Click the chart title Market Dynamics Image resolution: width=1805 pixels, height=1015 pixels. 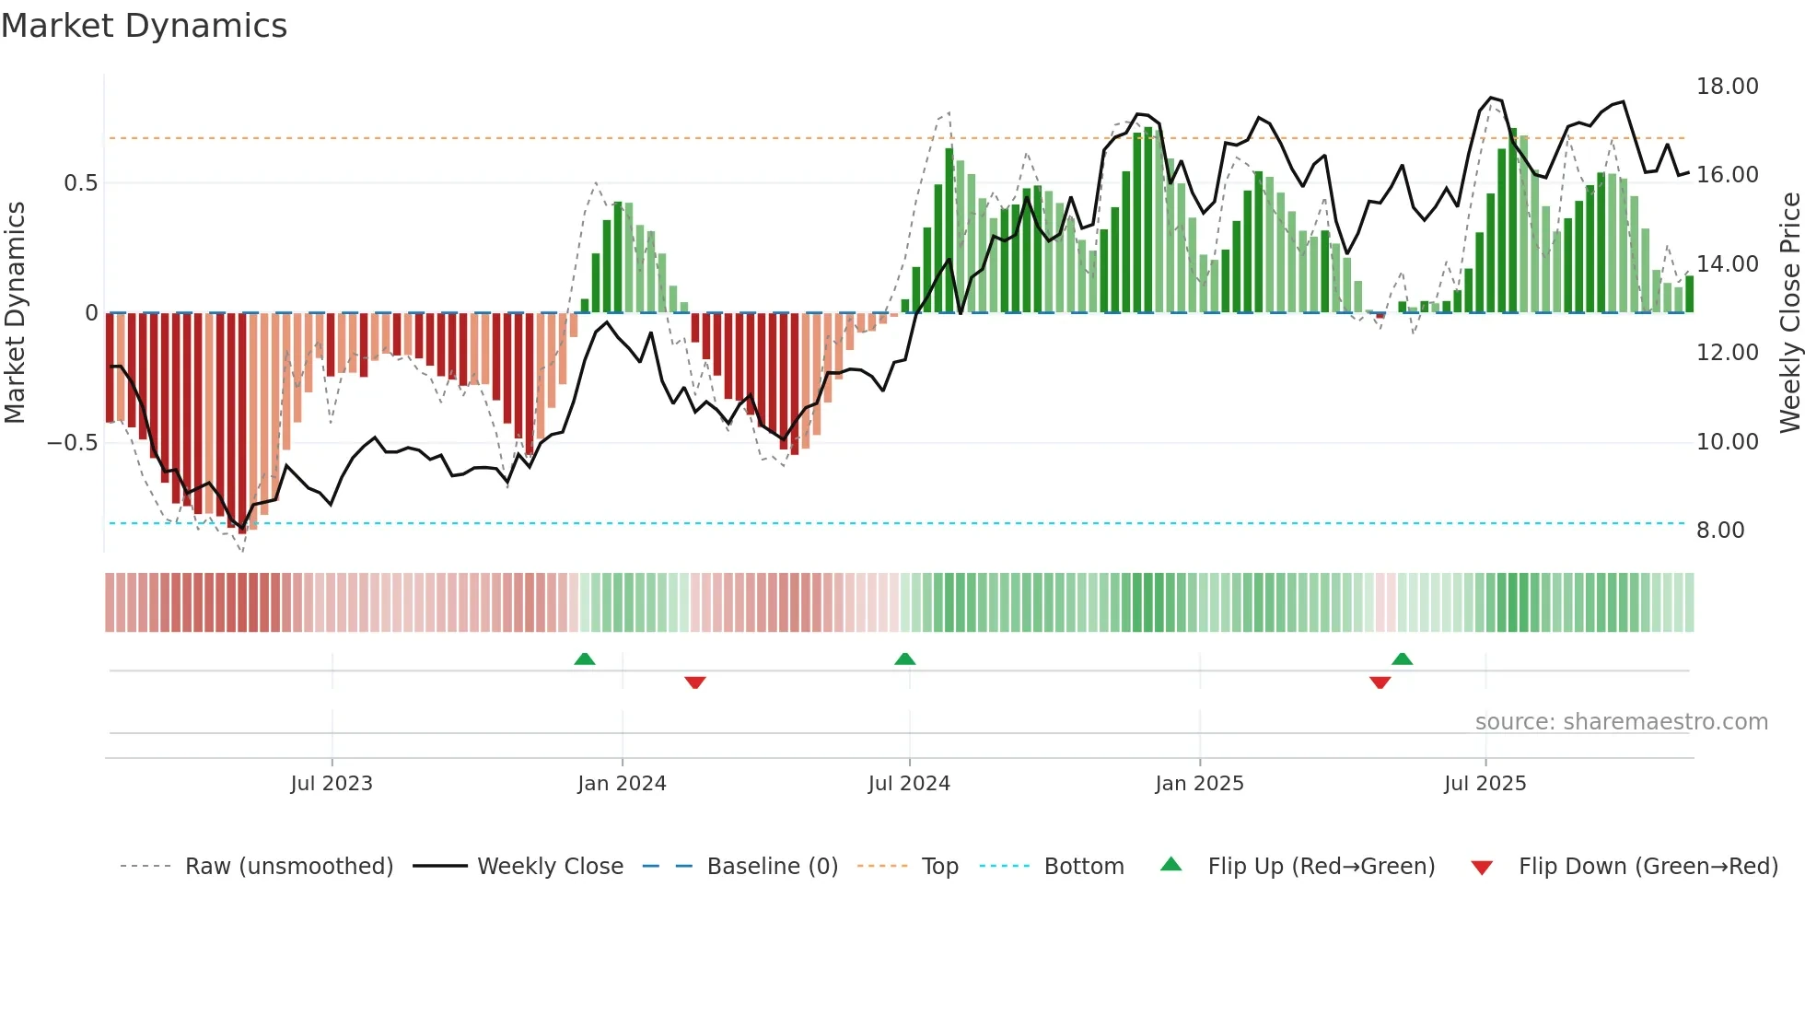click(x=144, y=26)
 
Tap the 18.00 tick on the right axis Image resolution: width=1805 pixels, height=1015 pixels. click(x=1727, y=87)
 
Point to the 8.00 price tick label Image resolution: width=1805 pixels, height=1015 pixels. click(x=1719, y=531)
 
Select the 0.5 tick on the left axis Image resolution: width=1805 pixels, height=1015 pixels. click(x=80, y=183)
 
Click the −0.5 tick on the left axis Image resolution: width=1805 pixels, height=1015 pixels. click(x=72, y=443)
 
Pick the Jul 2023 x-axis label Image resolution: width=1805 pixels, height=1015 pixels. click(x=332, y=784)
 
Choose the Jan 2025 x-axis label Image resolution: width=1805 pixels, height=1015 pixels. click(x=1199, y=784)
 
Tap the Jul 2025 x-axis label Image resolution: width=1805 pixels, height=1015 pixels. click(x=1485, y=784)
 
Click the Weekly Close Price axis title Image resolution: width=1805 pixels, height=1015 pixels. click(x=1789, y=313)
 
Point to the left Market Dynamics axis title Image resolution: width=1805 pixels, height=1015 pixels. click(x=15, y=313)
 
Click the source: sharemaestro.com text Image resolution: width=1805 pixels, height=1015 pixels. click(x=1621, y=722)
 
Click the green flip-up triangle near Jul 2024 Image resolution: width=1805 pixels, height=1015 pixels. click(x=905, y=659)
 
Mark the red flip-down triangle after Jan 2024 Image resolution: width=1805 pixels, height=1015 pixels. click(x=695, y=682)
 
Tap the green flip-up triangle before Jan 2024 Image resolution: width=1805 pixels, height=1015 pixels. click(x=585, y=659)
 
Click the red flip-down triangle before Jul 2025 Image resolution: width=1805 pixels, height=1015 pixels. click(x=1380, y=682)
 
